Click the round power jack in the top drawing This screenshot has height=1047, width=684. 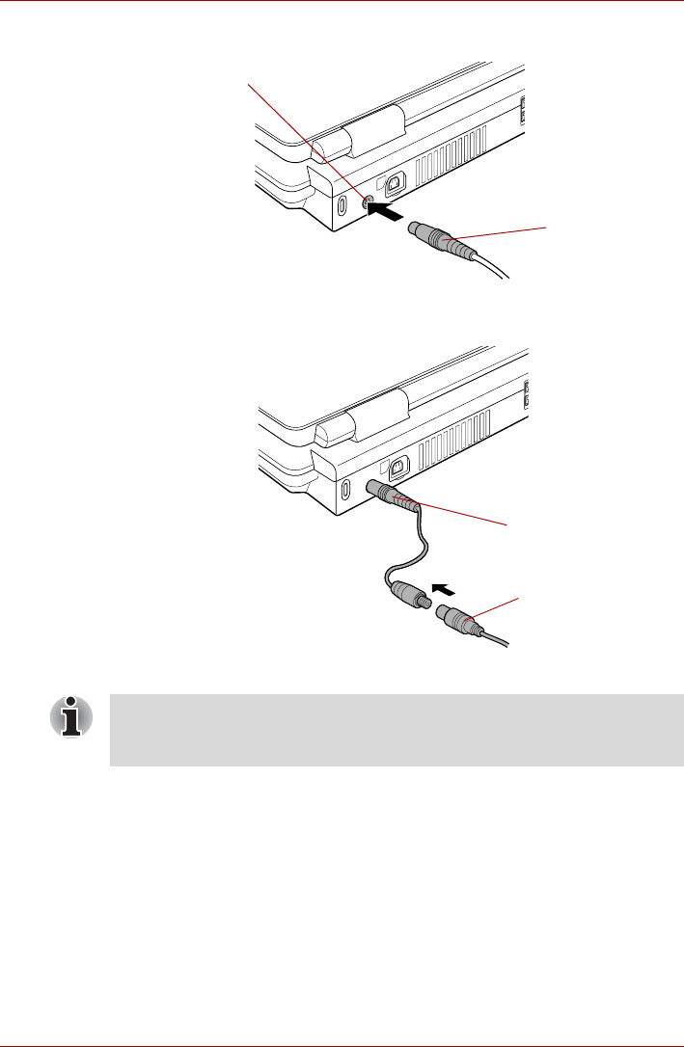[x=369, y=201]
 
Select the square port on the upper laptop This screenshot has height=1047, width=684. [x=396, y=181]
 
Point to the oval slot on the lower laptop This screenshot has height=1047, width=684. [x=345, y=489]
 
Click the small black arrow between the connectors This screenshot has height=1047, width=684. [x=442, y=587]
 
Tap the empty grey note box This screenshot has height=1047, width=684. [x=396, y=730]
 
